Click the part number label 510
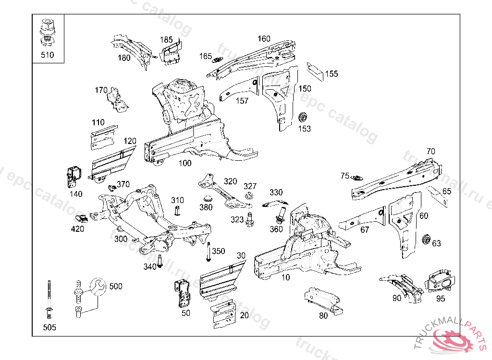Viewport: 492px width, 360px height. tap(47, 55)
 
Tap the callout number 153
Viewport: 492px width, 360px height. tap(305, 129)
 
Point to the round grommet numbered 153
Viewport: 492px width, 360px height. tap(303, 118)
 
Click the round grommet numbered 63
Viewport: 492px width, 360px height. tap(425, 240)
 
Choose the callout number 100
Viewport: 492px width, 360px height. tap(185, 163)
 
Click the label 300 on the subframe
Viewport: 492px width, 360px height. tap(121, 239)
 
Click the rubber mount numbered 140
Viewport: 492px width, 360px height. tap(73, 177)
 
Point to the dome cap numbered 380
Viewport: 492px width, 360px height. tap(207, 199)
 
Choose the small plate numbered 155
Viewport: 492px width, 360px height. tap(315, 69)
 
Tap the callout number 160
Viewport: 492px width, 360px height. tap(264, 39)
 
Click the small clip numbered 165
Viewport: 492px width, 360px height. tap(218, 60)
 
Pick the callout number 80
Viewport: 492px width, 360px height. tap(323, 315)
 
